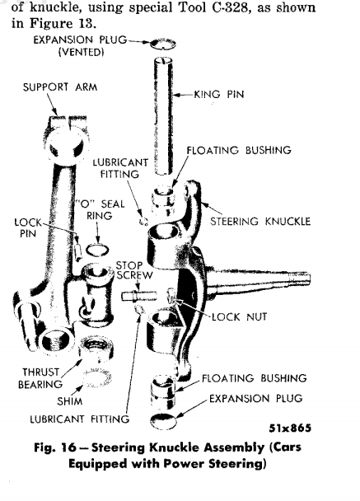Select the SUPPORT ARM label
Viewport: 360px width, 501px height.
(x=50, y=87)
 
